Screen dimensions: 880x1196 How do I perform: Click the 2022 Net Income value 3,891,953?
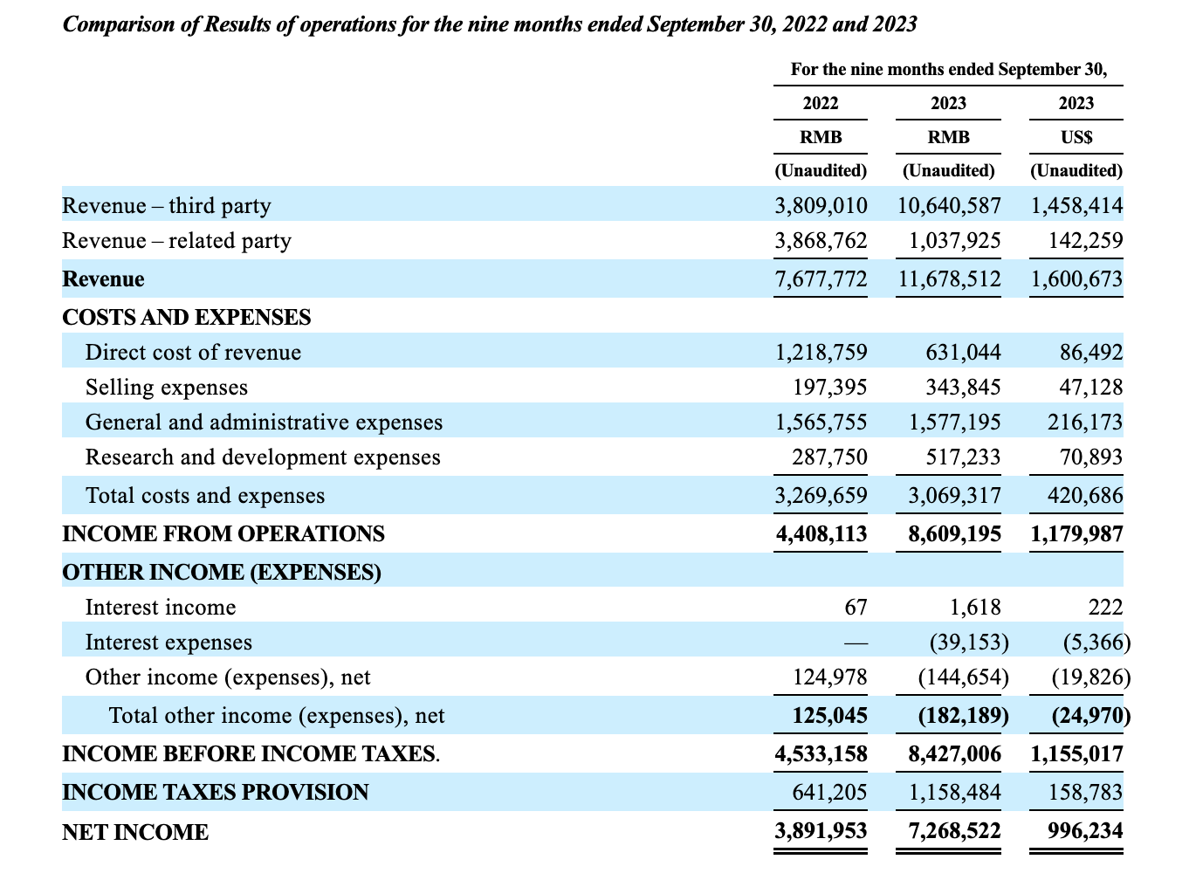pos(821,832)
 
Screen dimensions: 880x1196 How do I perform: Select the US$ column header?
pos(1076,137)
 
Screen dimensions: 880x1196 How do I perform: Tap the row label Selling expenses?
pos(167,388)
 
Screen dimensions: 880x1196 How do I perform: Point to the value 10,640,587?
pos(949,206)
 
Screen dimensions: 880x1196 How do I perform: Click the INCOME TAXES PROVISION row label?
pos(216,793)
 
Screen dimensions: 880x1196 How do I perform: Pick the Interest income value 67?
pos(856,608)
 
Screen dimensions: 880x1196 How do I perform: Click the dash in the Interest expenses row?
pos(856,643)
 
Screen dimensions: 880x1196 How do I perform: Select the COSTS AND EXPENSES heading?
pos(187,318)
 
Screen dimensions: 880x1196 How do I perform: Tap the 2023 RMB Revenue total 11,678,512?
pos(949,279)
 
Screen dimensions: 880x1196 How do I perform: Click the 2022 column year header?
pos(821,103)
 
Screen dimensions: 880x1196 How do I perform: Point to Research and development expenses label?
pos(263,457)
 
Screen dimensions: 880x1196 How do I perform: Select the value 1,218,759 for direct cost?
pos(821,353)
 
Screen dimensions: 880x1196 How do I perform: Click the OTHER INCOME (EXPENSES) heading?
pos(222,573)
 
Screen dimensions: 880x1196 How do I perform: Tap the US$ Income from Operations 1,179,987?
pos(1076,534)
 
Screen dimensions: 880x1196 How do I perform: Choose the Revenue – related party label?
pos(176,241)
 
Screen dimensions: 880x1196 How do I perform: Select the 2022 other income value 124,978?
pos(829,677)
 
